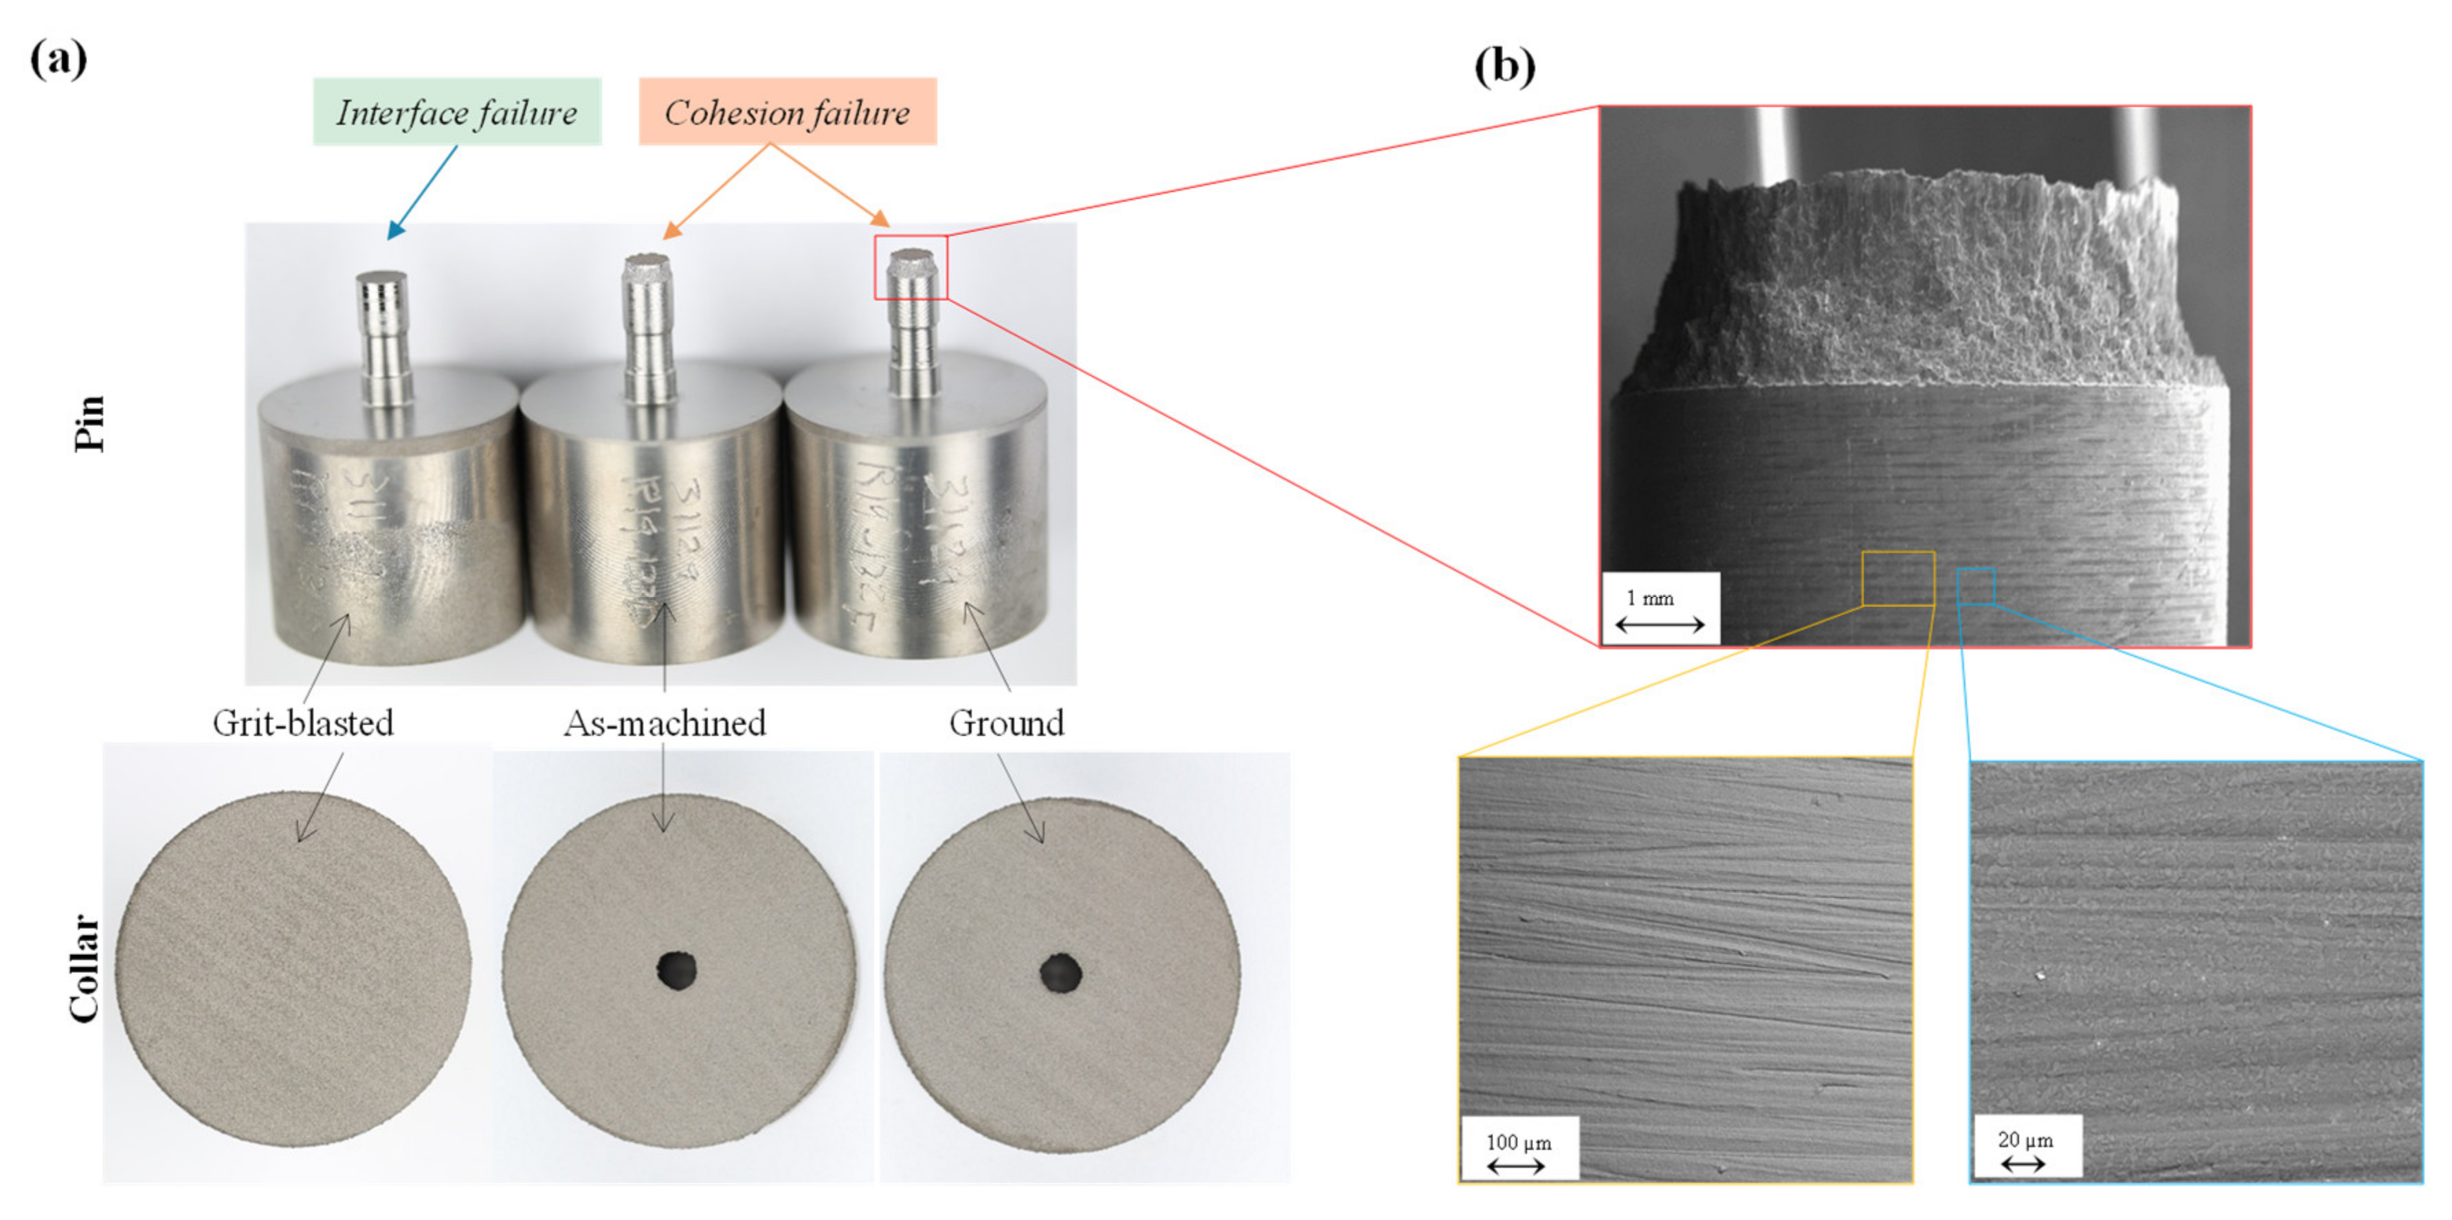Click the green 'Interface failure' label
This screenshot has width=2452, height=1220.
click(x=457, y=112)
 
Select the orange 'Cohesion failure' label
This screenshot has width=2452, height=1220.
click(x=787, y=112)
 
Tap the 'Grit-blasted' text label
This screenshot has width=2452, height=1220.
click(x=302, y=723)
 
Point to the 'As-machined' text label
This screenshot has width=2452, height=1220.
click(x=665, y=723)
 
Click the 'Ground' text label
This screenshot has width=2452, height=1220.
click(x=1006, y=723)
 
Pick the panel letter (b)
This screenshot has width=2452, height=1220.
click(x=1504, y=67)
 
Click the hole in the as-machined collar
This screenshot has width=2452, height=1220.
click(x=677, y=970)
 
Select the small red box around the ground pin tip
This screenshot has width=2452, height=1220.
click(x=911, y=267)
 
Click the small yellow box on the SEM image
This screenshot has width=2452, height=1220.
click(x=1898, y=578)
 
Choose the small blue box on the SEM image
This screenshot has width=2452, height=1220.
click(x=1976, y=586)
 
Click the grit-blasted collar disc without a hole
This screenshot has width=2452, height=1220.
click(x=295, y=969)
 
